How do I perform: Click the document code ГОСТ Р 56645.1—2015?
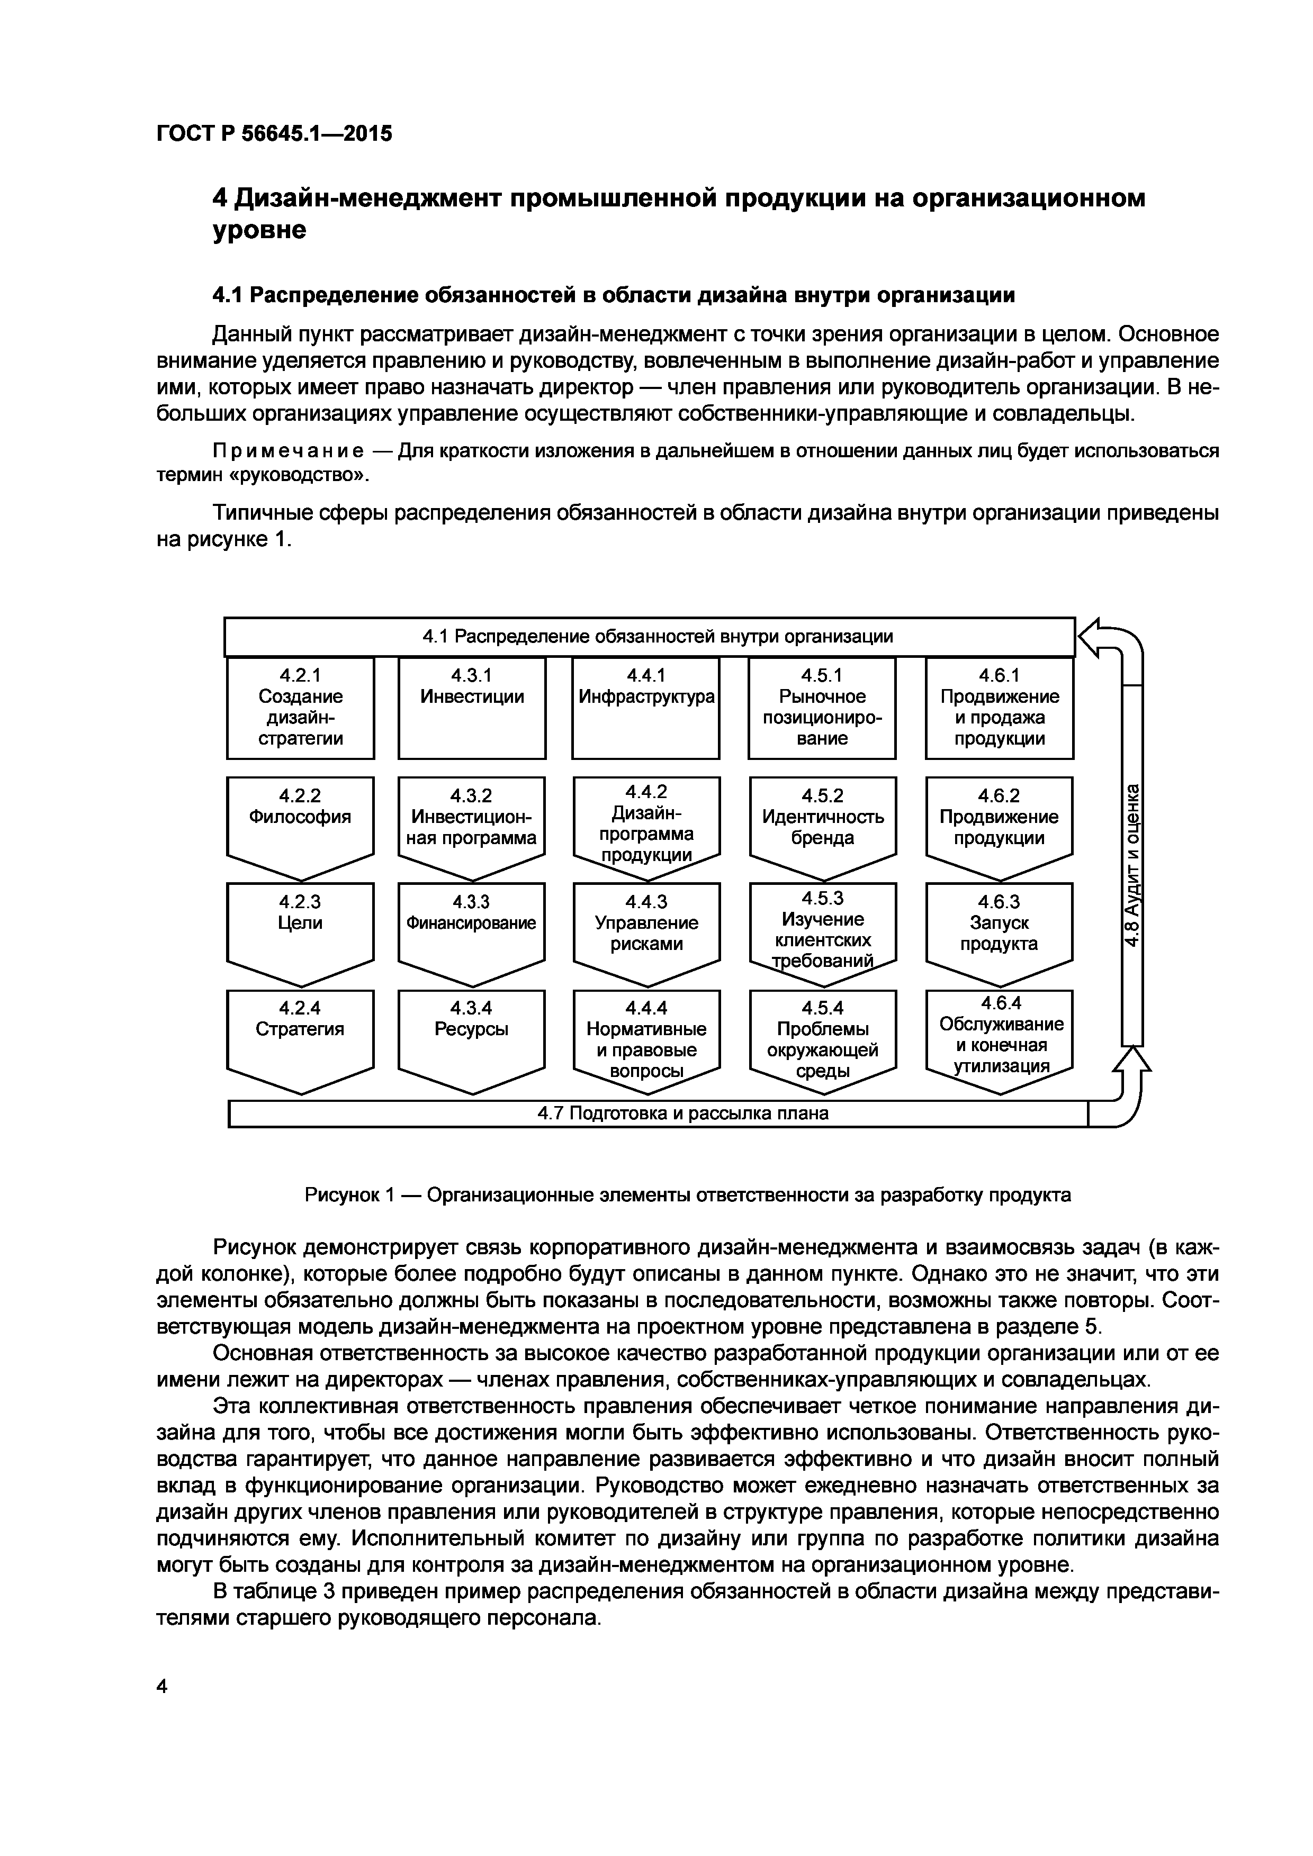273,133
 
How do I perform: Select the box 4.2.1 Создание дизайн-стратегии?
300,708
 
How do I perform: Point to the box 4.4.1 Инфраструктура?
646,708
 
